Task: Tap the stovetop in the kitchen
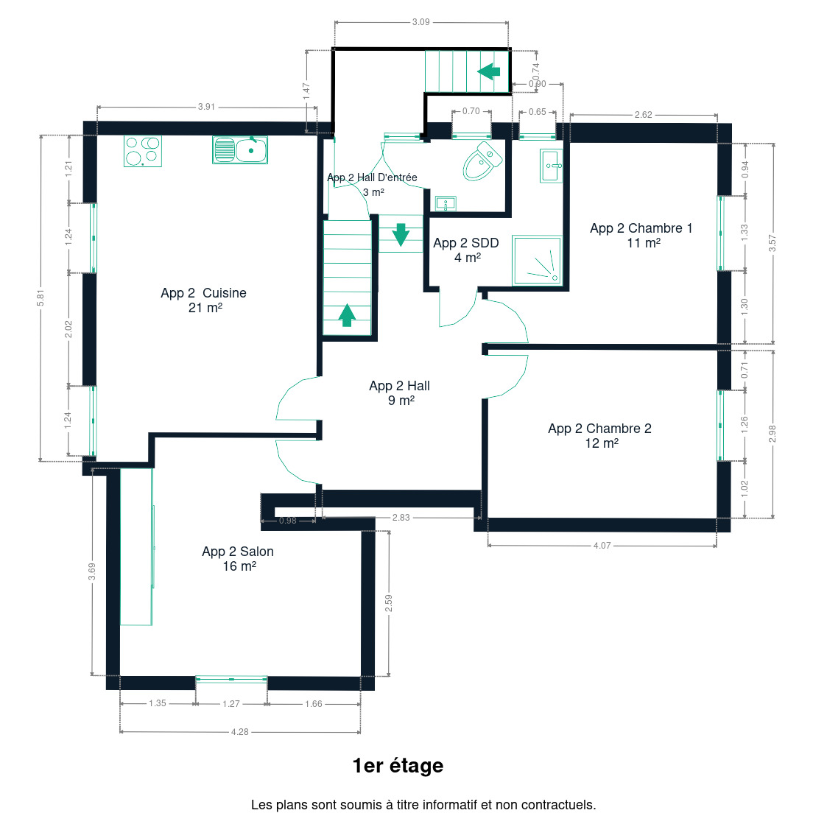click(x=143, y=151)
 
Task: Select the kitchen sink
click(x=240, y=149)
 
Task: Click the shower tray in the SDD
click(x=537, y=260)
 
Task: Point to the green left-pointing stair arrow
click(x=488, y=71)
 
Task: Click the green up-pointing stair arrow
click(x=347, y=315)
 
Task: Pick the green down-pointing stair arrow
click(x=401, y=234)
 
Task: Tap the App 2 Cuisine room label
click(x=204, y=300)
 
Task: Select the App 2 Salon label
click(x=238, y=558)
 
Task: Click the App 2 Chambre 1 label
click(x=641, y=236)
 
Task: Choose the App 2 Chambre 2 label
click(x=600, y=435)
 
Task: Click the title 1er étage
click(x=398, y=765)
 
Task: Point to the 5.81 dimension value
click(x=41, y=298)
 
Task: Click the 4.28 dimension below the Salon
click(x=239, y=731)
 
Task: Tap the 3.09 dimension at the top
click(x=421, y=22)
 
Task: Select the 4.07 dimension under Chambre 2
click(x=602, y=546)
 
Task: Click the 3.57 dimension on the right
click(x=772, y=243)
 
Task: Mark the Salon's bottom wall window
click(x=231, y=679)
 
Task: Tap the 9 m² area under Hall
click(x=401, y=401)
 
